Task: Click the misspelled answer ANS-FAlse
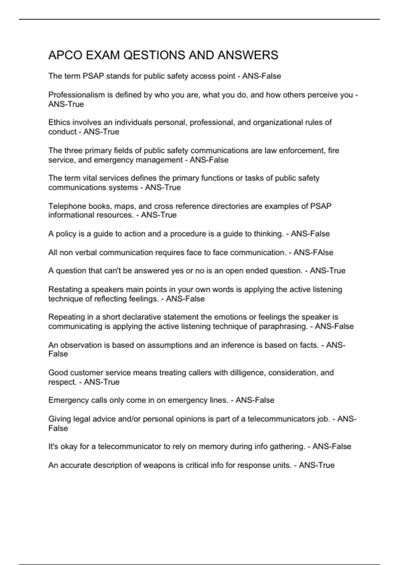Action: tap(313, 253)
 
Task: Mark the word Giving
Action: tap(60, 419)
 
